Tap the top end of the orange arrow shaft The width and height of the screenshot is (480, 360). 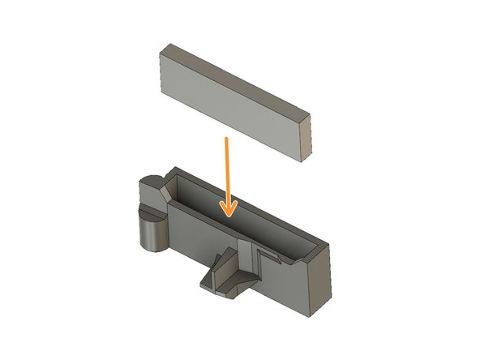228,139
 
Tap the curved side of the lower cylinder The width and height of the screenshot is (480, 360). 149,235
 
